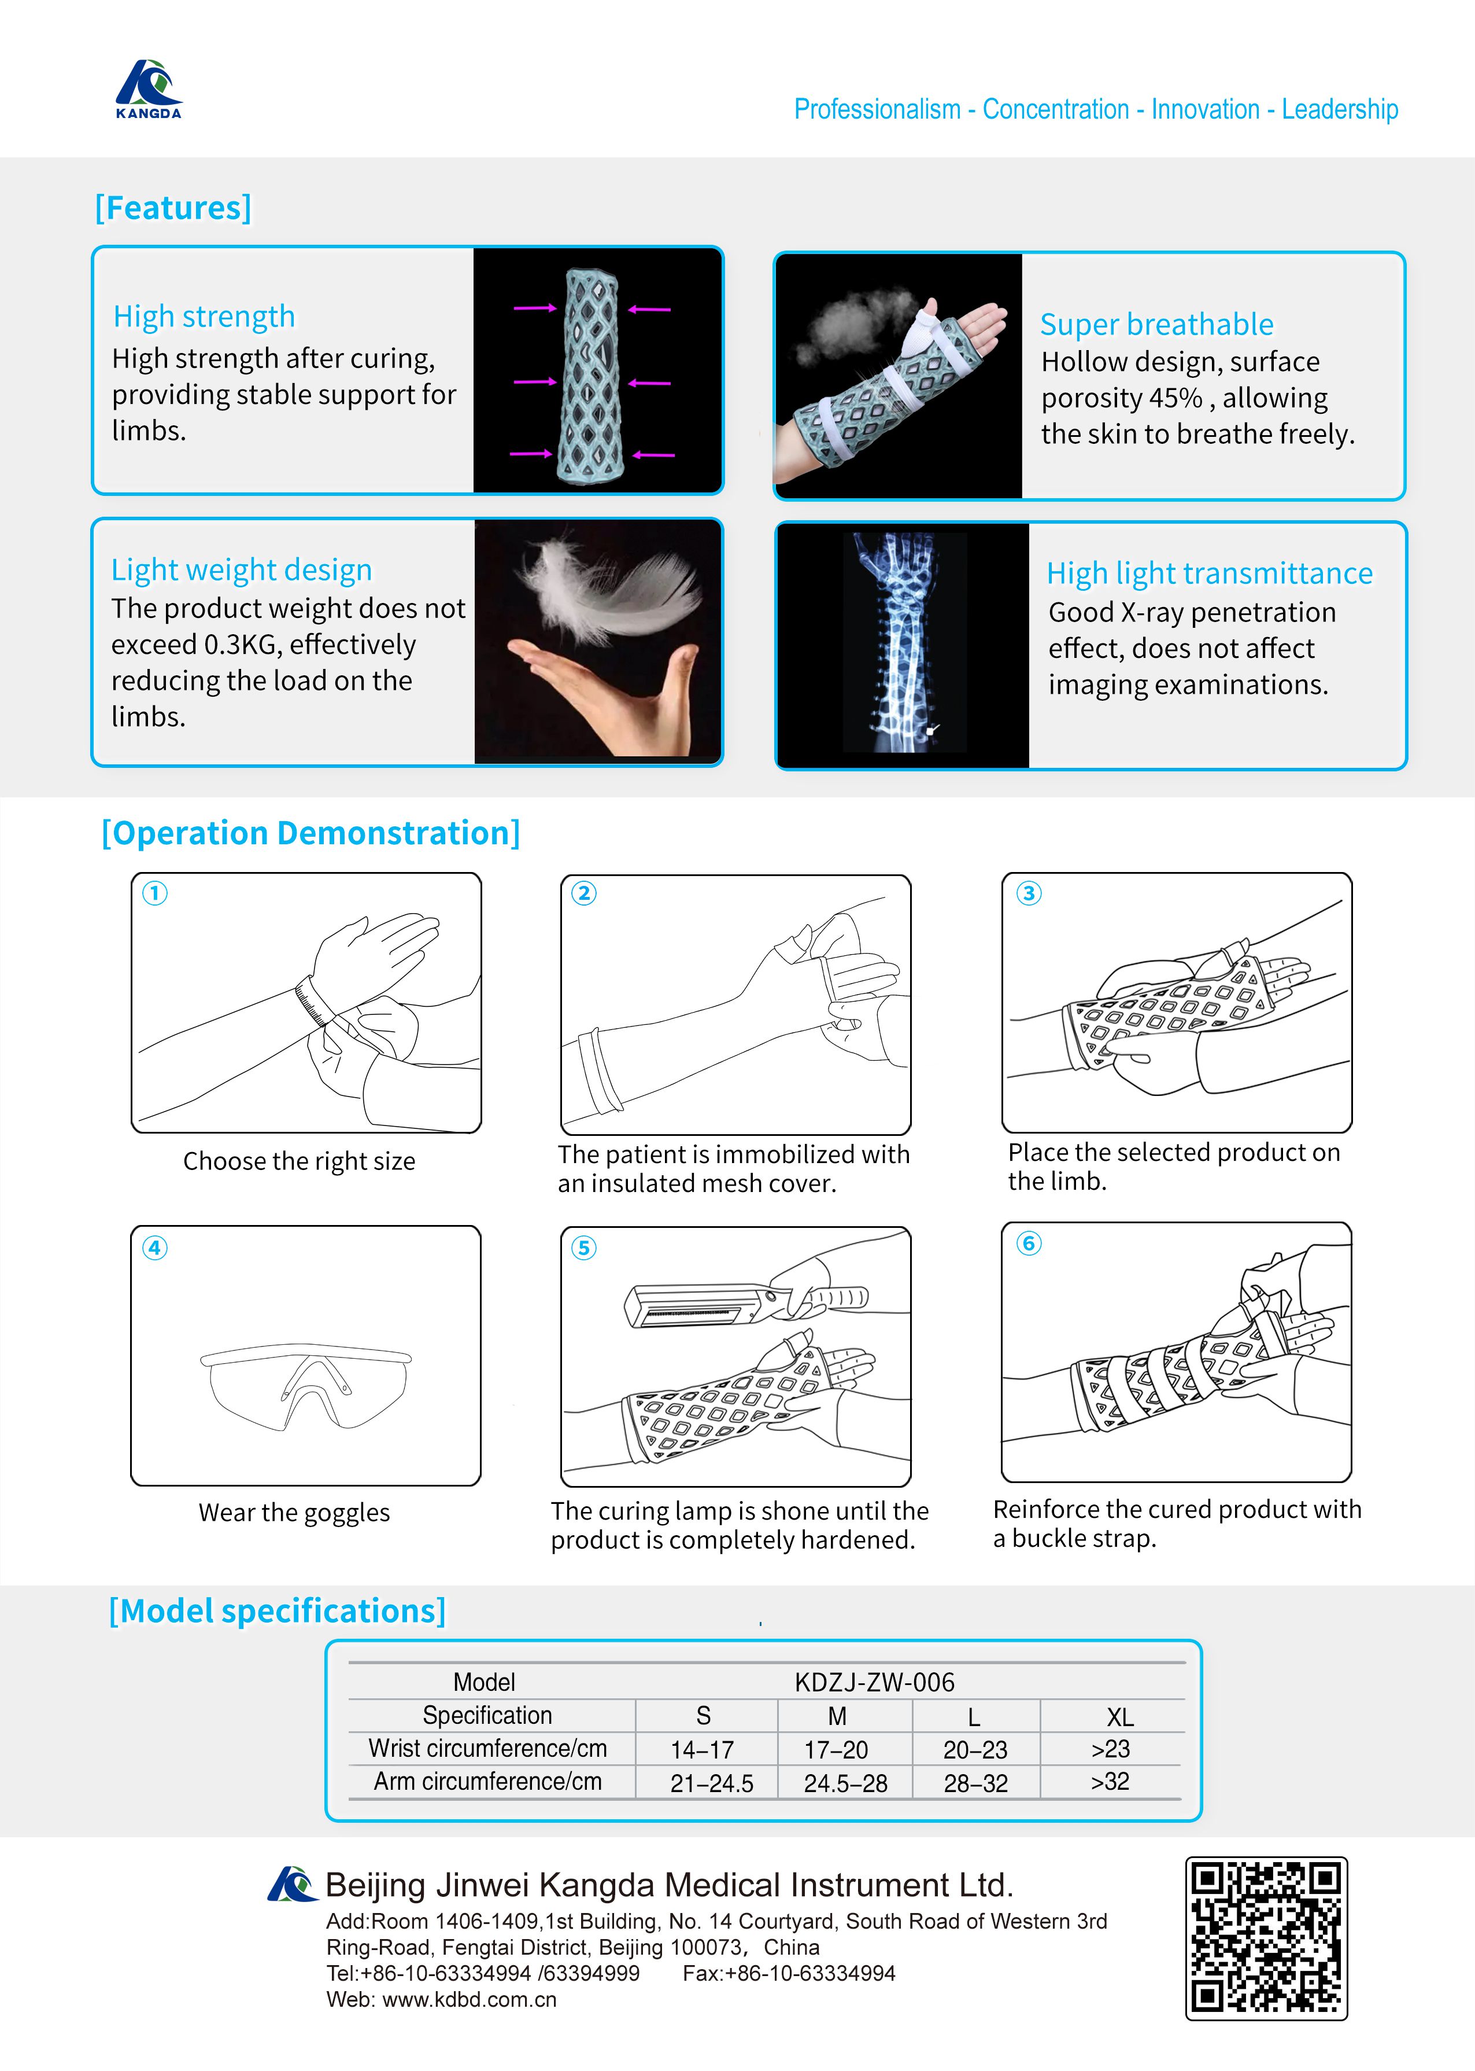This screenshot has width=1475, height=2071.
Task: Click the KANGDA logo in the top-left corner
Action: [148, 89]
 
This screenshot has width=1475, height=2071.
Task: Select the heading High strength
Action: [204, 317]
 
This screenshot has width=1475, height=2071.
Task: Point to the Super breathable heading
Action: [1156, 325]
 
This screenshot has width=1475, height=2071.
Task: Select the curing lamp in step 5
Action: [700, 1307]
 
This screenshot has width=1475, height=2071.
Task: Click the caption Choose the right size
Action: [299, 1161]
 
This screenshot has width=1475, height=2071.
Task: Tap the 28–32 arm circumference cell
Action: [975, 1783]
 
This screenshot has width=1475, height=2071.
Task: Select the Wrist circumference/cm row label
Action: [488, 1748]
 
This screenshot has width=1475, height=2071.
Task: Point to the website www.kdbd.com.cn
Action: [469, 1999]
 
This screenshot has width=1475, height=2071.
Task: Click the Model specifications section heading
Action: [277, 1611]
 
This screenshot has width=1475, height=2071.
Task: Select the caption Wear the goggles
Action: [294, 1512]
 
